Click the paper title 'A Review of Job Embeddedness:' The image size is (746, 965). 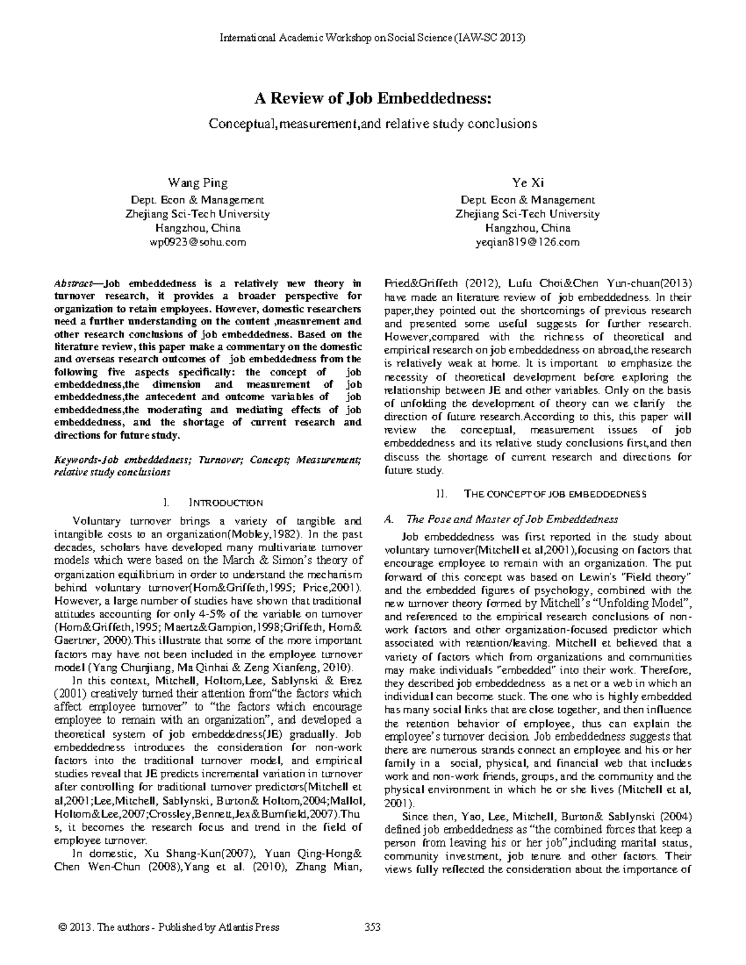point(373,98)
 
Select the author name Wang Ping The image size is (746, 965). point(198,183)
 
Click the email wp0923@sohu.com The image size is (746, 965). point(198,242)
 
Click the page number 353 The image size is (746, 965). point(372,927)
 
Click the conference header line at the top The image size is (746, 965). point(373,38)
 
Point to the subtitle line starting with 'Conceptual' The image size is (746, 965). point(373,124)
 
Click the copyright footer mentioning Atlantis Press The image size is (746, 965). point(168,927)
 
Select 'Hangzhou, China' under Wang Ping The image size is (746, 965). point(198,228)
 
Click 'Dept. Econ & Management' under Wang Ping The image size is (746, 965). point(198,200)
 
